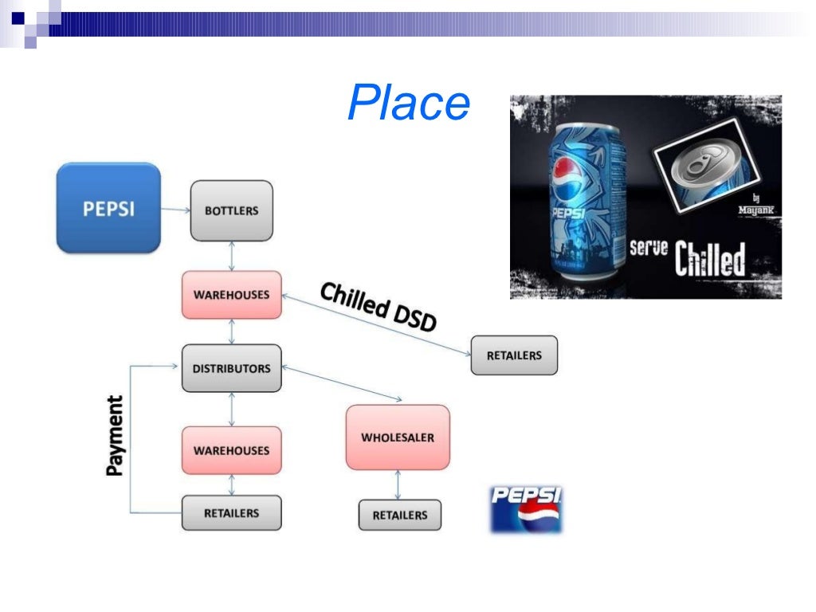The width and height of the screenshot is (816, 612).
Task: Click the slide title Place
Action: pos(409,104)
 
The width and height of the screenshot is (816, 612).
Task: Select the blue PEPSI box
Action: pos(108,208)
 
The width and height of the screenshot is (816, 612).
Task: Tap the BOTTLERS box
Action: pos(231,210)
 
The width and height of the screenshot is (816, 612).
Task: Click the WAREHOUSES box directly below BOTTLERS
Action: pos(231,295)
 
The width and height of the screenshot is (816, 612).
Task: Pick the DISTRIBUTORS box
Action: pos(231,368)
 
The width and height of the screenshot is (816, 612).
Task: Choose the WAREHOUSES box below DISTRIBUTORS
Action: pos(231,450)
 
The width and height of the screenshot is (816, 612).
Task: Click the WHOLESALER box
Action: pos(398,437)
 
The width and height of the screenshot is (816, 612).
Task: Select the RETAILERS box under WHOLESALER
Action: pos(399,516)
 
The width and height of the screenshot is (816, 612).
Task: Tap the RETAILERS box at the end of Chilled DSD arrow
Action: pos(514,355)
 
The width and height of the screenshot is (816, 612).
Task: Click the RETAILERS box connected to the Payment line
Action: pos(231,513)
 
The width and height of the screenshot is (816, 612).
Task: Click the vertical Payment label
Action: pos(116,436)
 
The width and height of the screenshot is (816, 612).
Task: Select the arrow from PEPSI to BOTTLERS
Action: pos(175,210)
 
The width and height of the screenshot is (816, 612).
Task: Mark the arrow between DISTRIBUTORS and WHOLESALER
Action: pos(341,383)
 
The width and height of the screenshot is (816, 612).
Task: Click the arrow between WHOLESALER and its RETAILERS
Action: pos(398,484)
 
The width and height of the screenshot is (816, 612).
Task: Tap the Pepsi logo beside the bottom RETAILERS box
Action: pos(526,509)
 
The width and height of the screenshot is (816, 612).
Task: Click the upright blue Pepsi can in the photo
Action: pos(583,203)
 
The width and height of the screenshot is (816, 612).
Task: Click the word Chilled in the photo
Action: pos(710,259)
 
